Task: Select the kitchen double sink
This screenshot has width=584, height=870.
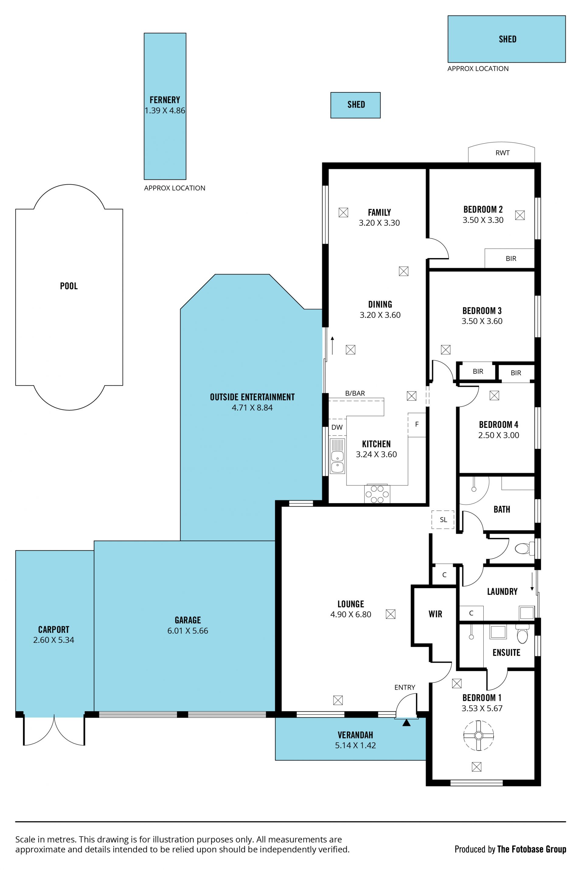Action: (x=337, y=456)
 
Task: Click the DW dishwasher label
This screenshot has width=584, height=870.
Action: (x=337, y=427)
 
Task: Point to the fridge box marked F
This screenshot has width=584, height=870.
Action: (x=417, y=425)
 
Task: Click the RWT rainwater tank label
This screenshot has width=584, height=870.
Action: (x=502, y=153)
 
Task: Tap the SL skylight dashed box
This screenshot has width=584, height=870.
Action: (x=443, y=519)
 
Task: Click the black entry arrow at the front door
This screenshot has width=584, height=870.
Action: (x=406, y=722)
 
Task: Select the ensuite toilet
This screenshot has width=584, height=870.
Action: (x=522, y=634)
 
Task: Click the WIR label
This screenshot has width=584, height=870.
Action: (x=435, y=614)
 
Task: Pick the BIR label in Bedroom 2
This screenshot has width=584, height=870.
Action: (x=511, y=258)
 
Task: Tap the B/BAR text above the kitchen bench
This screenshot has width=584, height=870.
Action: (x=355, y=393)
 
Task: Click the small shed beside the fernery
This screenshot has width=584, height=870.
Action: (x=355, y=105)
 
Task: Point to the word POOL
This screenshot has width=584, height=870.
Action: (x=69, y=286)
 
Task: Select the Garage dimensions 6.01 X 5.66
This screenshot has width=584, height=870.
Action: (x=188, y=631)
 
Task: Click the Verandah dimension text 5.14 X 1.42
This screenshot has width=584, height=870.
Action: (x=355, y=745)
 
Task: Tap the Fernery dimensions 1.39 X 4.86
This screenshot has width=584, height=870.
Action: (x=165, y=111)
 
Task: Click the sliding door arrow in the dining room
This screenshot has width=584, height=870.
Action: (x=332, y=345)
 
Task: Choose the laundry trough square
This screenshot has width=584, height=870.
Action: (x=527, y=612)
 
